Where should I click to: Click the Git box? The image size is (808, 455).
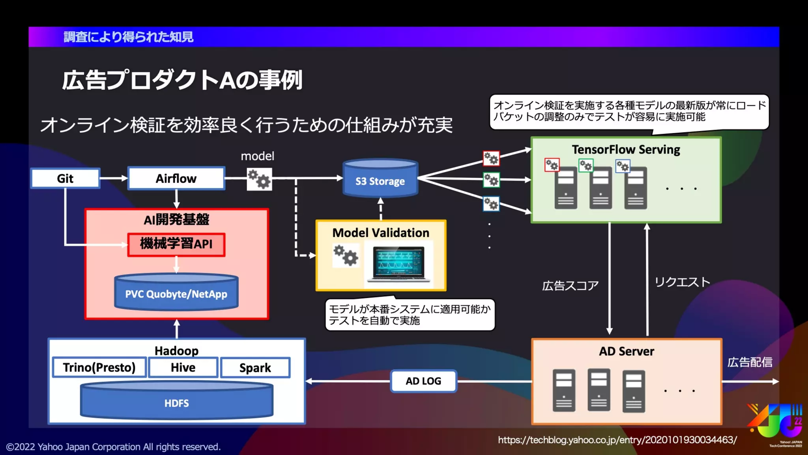point(65,179)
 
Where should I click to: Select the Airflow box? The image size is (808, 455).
point(176,179)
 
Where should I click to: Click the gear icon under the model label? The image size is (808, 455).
point(259,179)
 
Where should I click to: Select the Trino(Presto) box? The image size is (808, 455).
point(99,367)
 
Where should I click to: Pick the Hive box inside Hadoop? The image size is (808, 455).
point(183,367)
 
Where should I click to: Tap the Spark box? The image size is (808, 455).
point(255,368)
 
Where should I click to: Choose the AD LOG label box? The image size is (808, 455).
point(423,381)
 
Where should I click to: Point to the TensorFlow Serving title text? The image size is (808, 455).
point(626,150)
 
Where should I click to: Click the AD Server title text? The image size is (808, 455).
point(627,351)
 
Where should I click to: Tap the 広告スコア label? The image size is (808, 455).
point(570,286)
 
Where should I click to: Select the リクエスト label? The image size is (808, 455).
point(682,282)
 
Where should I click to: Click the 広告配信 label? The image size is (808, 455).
point(750,362)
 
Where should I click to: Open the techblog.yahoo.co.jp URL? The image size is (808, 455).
point(617,440)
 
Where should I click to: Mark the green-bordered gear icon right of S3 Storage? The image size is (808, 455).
point(491,180)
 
